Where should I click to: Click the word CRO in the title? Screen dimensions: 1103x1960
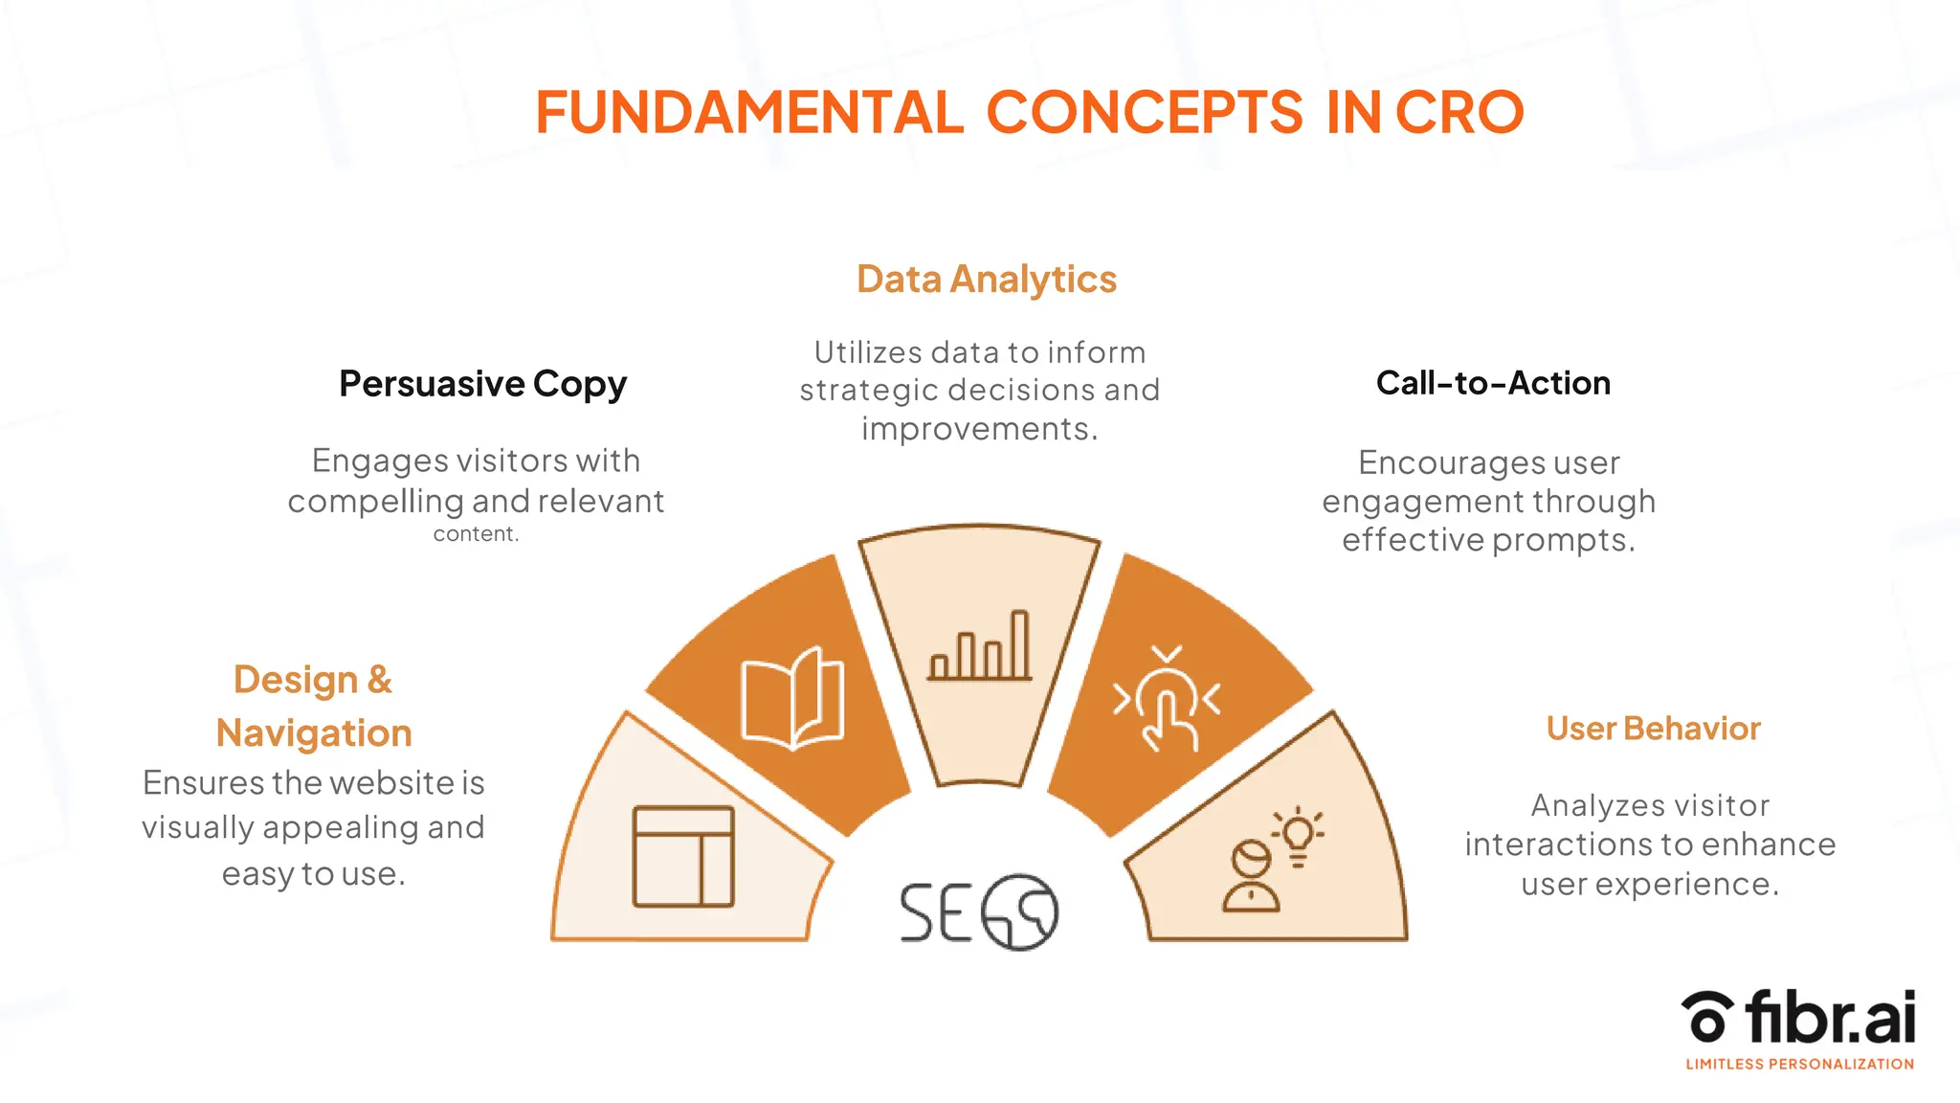1459,113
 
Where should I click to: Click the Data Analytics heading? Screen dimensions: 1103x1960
986,280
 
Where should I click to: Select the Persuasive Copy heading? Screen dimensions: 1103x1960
482,384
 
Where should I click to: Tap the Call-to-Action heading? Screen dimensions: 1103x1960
1493,383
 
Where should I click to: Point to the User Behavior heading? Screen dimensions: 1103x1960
1653,729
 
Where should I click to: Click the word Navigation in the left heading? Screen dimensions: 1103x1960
314,733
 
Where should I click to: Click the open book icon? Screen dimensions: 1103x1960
792,699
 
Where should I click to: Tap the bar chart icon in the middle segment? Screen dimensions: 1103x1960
980,647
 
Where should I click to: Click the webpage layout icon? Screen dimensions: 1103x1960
683,857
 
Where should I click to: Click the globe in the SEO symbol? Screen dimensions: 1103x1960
1020,912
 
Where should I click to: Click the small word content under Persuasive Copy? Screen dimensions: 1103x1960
475,534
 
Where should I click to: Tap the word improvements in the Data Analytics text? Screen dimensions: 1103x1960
978,429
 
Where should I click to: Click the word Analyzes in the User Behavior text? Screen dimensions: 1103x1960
1583,806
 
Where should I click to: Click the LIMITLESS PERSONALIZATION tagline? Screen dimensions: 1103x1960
1799,1064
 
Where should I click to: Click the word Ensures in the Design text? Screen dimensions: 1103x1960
202,783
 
